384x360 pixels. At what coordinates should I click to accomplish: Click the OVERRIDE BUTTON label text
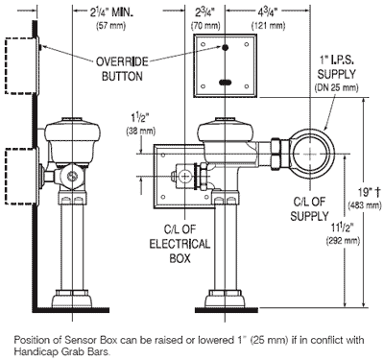(x=122, y=69)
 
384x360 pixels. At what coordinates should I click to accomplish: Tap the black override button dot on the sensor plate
(x=225, y=47)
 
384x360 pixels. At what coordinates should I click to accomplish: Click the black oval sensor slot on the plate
(x=226, y=83)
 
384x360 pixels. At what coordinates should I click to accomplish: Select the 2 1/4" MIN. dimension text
(x=111, y=13)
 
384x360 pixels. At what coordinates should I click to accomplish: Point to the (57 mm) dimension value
(x=110, y=26)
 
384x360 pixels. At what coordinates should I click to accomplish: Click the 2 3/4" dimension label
(x=205, y=12)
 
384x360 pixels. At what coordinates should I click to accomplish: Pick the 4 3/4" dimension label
(x=267, y=12)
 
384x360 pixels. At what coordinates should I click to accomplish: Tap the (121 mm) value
(x=268, y=26)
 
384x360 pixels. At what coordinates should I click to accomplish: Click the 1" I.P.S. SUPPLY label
(x=336, y=67)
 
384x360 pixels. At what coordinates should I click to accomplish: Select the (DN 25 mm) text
(x=336, y=87)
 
